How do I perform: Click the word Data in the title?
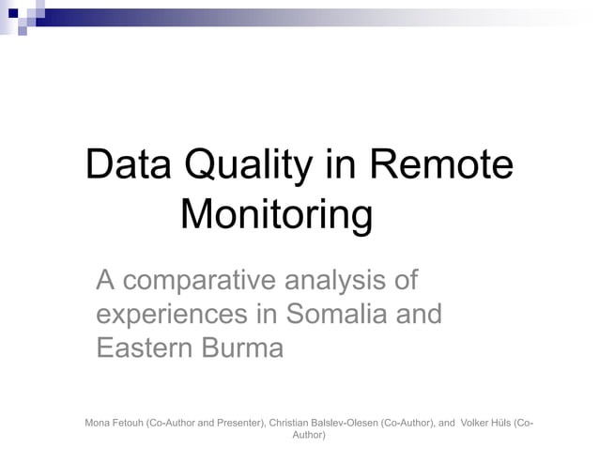coord(129,166)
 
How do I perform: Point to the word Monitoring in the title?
coord(276,215)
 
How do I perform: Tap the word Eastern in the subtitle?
coord(143,348)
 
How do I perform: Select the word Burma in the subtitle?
coord(239,348)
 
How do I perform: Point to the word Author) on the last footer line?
coord(310,435)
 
